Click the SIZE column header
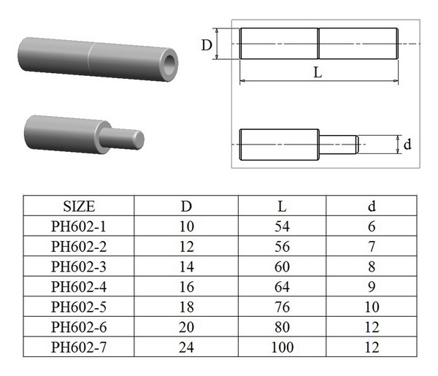(79, 206)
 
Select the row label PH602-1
(79, 226)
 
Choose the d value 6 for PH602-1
(372, 226)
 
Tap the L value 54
(282, 226)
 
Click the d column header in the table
(372, 206)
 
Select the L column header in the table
(282, 206)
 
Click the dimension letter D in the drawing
(207, 45)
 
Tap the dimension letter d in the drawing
(407, 144)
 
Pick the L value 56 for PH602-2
(282, 247)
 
